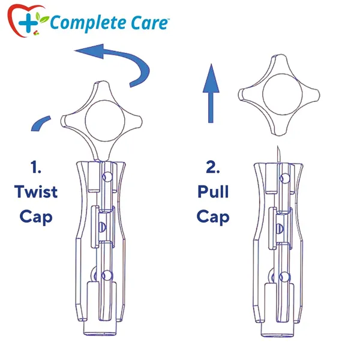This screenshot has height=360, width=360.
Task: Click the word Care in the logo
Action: tap(149, 23)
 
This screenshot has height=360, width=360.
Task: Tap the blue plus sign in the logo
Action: tap(28, 23)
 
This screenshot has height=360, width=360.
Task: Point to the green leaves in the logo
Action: tap(42, 18)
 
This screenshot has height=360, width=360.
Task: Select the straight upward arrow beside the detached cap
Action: tap(211, 93)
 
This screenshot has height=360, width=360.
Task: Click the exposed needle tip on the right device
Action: tap(278, 146)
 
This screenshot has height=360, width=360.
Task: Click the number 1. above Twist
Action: tap(35, 167)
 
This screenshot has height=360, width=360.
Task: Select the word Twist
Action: tap(36, 192)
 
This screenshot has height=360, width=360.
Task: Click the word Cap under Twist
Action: tap(36, 217)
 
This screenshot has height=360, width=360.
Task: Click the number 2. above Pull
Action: tap(213, 167)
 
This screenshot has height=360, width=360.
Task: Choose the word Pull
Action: tap(213, 191)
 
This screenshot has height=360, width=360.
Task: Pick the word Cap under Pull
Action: tap(213, 217)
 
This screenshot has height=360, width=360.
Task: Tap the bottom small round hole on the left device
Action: tap(107, 275)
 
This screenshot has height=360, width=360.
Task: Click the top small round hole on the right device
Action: tap(285, 178)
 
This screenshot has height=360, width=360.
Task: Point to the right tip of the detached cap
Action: tap(319, 95)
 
